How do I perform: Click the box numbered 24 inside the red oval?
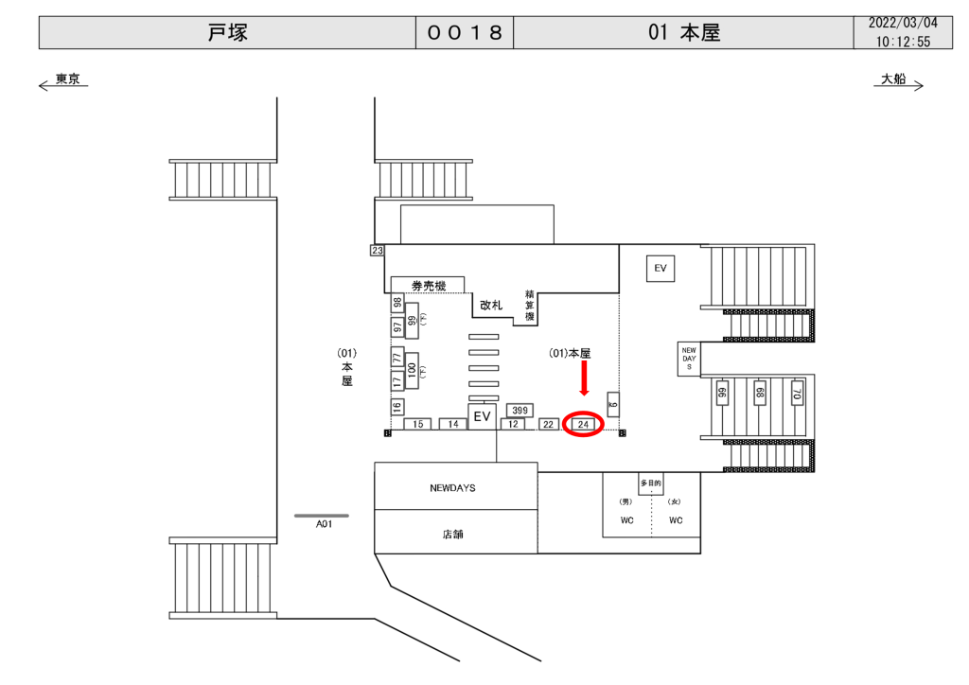pos(584,425)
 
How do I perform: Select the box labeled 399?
pos(519,410)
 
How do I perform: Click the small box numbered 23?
pos(377,251)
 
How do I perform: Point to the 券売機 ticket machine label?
pos(428,285)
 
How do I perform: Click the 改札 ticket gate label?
pos(491,305)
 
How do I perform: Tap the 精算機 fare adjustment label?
pos(530,305)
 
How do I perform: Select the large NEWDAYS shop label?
pos(452,488)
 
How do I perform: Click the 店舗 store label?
pos(452,534)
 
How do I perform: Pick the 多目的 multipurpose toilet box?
pos(650,484)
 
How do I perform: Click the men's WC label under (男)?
pos(625,520)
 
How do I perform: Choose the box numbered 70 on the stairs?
pos(797,394)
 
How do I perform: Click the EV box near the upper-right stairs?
pos(661,269)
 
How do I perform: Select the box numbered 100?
pos(412,369)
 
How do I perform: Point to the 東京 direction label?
pos(67,79)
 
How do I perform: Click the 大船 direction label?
pos(893,79)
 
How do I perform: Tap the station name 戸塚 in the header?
pos(227,32)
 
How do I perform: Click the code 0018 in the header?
pos(465,32)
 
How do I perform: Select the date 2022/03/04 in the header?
pos(903,23)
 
